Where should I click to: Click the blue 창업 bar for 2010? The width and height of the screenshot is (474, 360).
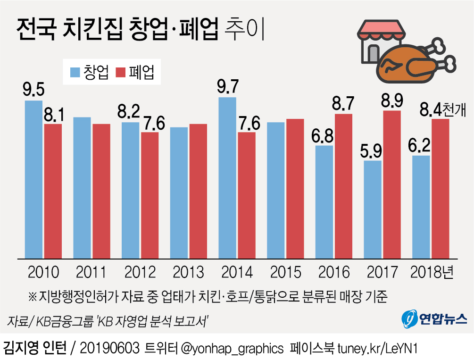click(x=33, y=179)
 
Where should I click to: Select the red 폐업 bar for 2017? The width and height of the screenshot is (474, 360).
click(x=391, y=184)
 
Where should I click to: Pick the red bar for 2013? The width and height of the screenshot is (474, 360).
click(x=198, y=191)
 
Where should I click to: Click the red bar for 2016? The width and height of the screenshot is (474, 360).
click(x=343, y=186)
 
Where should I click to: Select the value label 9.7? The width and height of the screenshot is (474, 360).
click(x=228, y=87)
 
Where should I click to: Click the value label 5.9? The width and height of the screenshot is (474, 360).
click(x=373, y=151)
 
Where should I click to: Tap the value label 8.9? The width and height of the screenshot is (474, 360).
click(x=391, y=100)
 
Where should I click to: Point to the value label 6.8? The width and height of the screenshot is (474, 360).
click(x=324, y=135)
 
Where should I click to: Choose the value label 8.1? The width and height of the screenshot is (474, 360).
click(x=53, y=114)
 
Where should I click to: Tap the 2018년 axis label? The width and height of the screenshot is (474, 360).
click(x=432, y=272)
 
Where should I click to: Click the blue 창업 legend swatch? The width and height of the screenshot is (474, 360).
click(x=75, y=73)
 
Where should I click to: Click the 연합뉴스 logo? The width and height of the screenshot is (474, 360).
click(x=434, y=319)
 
